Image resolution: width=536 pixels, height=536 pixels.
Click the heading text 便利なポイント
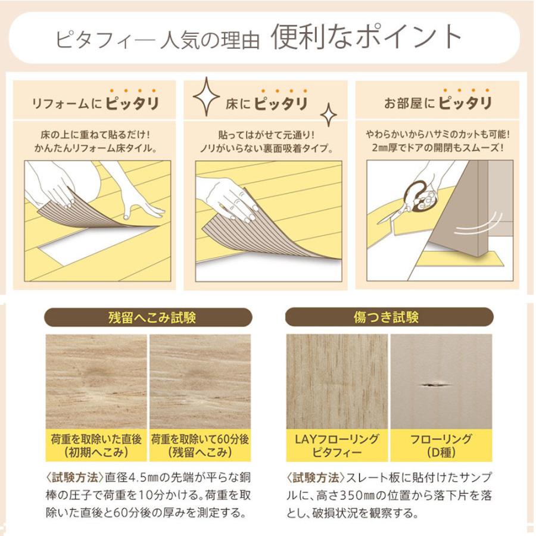(x=366, y=37)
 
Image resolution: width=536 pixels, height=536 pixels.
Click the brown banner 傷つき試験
(x=389, y=317)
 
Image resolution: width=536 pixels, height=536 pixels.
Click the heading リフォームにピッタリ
(x=95, y=104)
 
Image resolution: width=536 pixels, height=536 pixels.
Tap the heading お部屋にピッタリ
(x=438, y=104)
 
